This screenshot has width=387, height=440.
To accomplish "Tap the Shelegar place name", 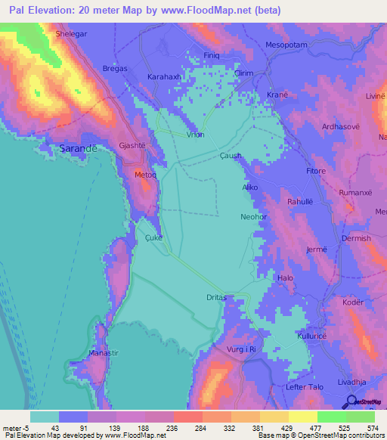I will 73,35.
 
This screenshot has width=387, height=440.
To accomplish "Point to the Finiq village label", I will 212,56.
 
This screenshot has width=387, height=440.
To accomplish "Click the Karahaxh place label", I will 164,77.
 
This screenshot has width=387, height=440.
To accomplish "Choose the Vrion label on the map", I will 195,134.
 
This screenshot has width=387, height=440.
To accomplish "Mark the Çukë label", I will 153,236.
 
